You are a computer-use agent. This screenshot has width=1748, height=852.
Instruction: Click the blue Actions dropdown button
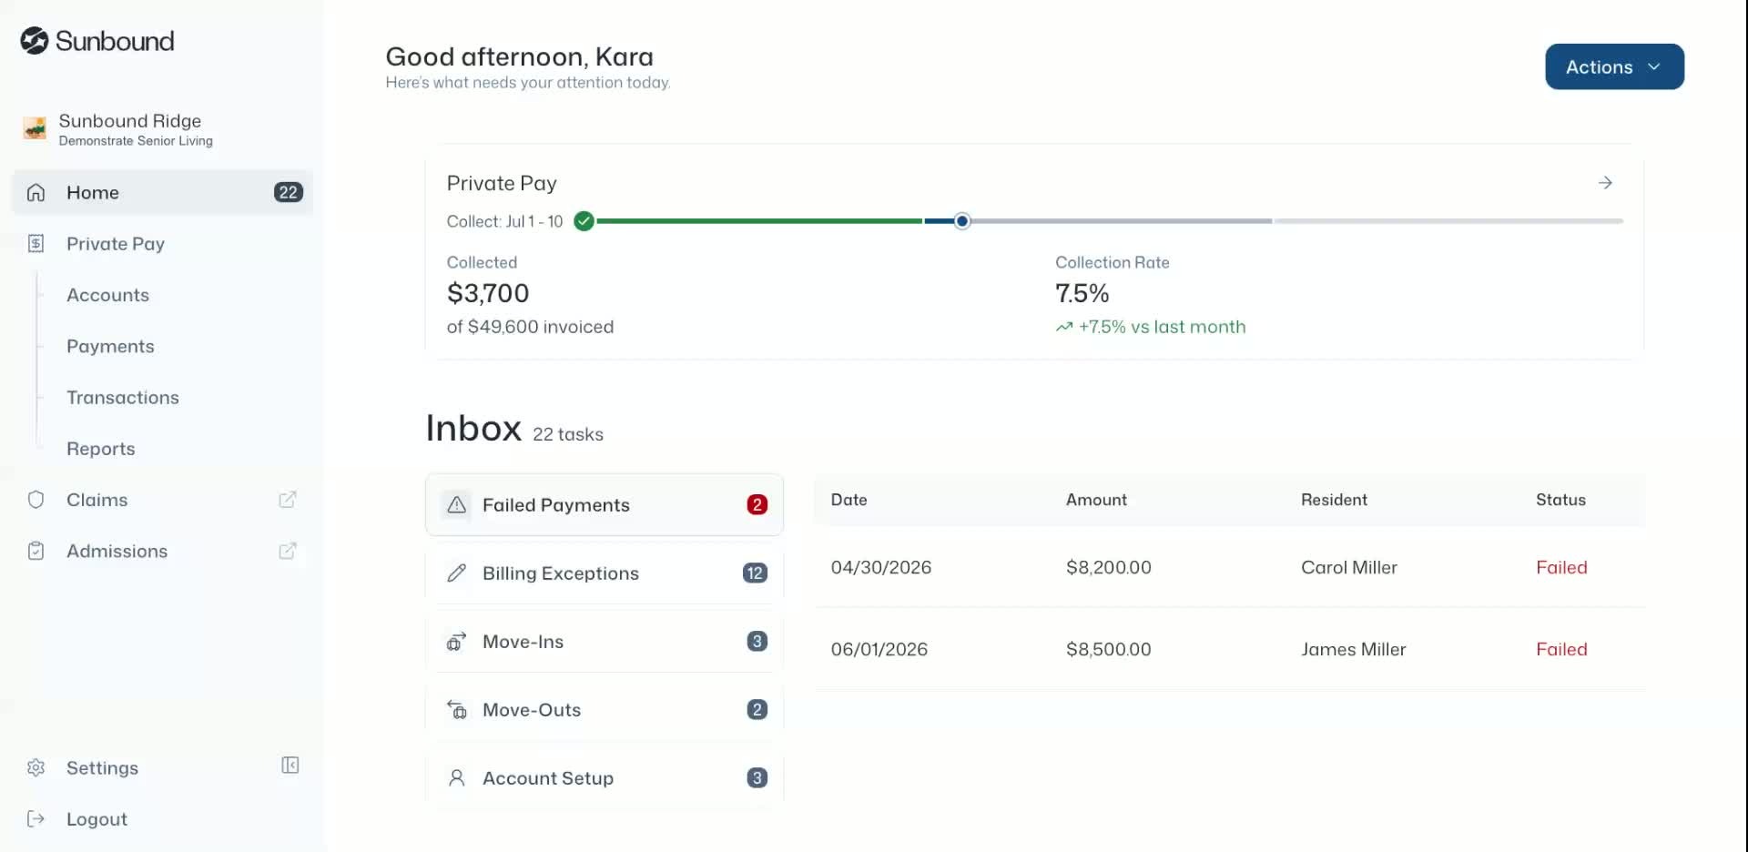1614,66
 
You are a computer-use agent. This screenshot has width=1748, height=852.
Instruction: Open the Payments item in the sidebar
110,346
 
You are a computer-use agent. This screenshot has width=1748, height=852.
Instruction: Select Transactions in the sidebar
123,397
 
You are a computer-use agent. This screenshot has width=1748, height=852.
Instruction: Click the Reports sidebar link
101,448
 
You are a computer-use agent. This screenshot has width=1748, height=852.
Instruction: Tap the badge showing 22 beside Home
288,192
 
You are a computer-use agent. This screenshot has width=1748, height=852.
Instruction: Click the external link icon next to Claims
288,499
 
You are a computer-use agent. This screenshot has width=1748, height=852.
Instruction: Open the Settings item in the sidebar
102,767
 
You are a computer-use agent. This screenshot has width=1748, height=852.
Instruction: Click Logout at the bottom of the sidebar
97,818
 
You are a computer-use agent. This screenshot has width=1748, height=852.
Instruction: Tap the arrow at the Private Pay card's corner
1605,183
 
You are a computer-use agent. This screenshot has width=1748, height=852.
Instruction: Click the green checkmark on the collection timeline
584,221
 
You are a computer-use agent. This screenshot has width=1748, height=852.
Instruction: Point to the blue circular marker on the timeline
962,221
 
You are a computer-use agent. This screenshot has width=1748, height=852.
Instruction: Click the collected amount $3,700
488,293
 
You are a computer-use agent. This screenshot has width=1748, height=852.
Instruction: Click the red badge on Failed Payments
757,504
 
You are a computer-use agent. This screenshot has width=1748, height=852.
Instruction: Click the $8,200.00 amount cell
1108,567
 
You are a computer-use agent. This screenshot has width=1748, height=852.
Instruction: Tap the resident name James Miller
1353,649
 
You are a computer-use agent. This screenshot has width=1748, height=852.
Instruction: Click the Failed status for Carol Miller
1561,567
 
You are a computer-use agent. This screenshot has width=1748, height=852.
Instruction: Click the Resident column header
1334,500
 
